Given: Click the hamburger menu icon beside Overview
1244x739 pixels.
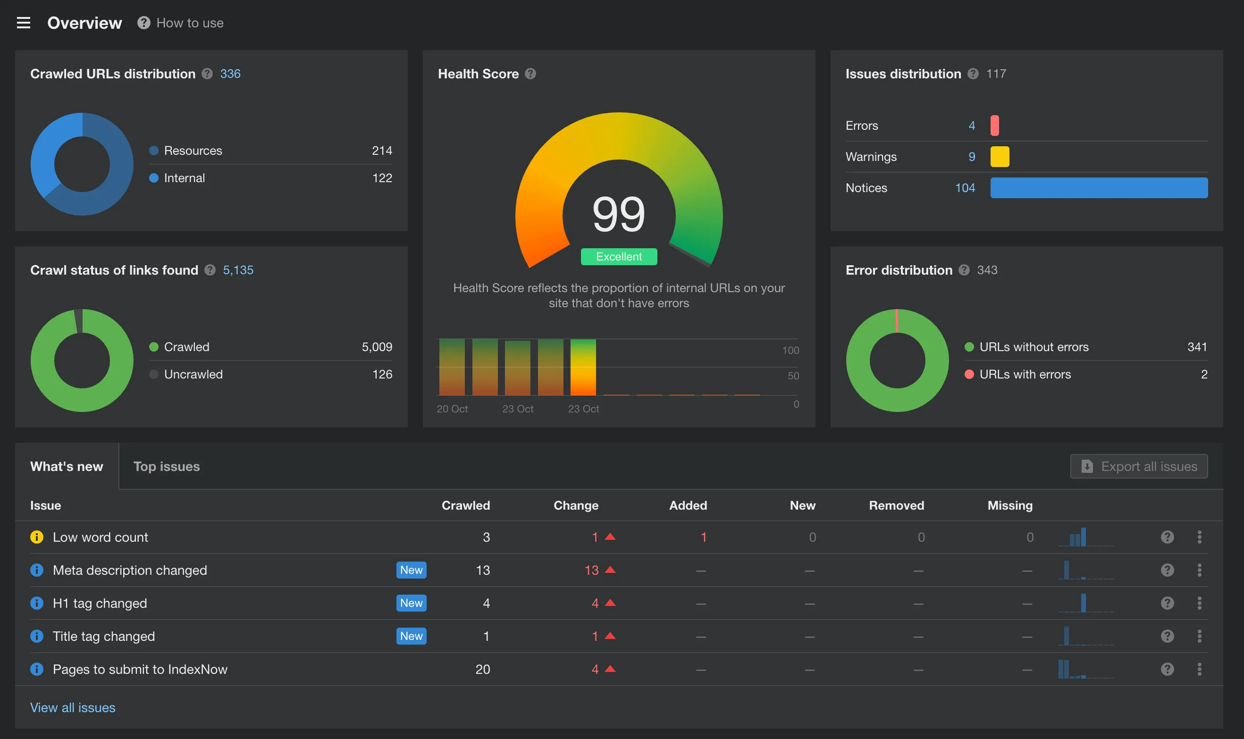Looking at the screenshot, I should point(24,23).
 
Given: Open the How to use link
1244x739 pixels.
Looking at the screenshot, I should point(189,23).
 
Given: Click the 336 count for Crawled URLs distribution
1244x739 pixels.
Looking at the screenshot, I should point(230,74).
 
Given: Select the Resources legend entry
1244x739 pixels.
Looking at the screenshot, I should point(193,151).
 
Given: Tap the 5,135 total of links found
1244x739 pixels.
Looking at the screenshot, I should point(238,270).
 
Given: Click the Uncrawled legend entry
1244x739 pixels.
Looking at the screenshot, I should point(193,374).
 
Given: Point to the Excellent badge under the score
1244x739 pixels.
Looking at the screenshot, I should point(619,256).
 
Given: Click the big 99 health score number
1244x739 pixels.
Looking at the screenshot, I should point(619,214).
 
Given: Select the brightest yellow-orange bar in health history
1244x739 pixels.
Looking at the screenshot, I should point(583,367).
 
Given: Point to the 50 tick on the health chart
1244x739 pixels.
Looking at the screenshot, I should point(793,376).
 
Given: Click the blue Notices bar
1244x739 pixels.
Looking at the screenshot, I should point(1099,188).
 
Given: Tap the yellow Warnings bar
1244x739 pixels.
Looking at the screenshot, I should point(1000,156).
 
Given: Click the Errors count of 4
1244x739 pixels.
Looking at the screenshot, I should point(971,126).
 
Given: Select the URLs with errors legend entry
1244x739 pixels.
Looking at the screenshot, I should point(1025,374).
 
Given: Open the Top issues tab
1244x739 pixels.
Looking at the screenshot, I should point(166,466).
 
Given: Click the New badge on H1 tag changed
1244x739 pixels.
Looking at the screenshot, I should point(411,603).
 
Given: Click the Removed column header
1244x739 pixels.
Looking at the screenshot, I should point(896,505).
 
